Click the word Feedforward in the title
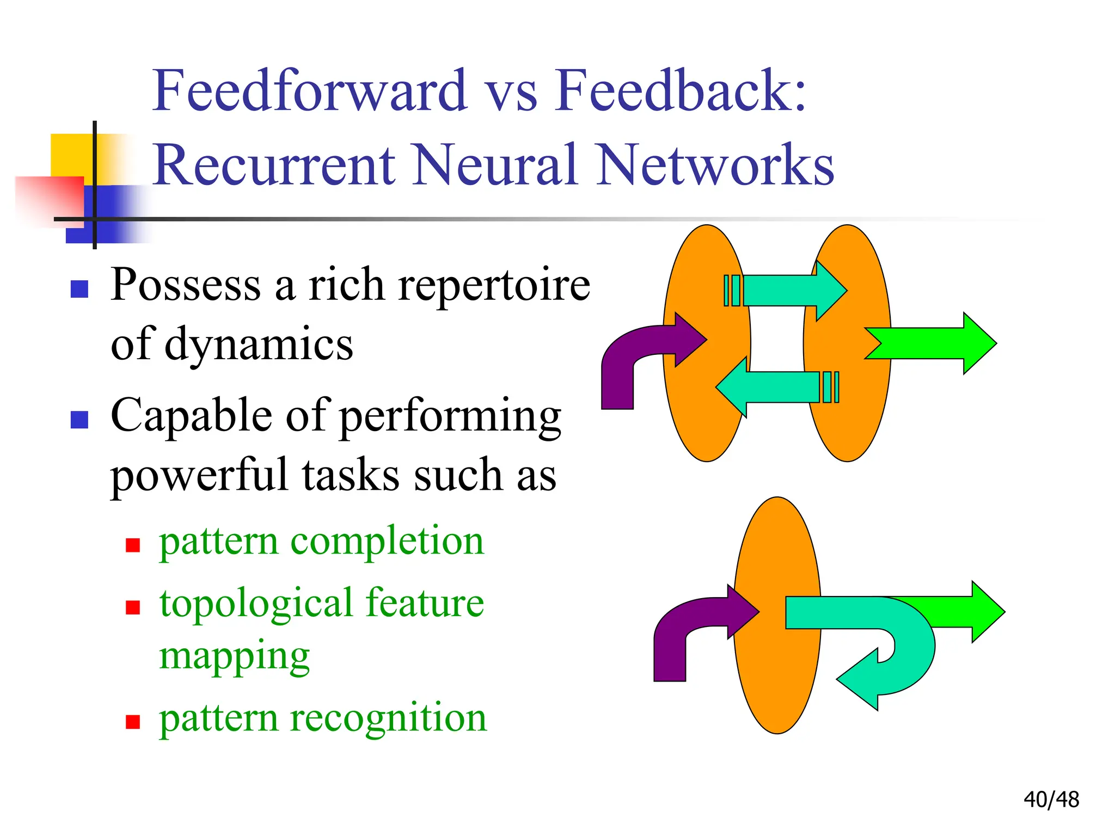(x=309, y=91)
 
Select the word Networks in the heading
(x=714, y=165)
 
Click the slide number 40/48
(x=1051, y=800)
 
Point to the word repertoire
(x=494, y=286)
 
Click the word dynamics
(x=259, y=345)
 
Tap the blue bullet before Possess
(x=79, y=289)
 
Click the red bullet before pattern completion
(x=133, y=545)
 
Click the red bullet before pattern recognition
(x=133, y=722)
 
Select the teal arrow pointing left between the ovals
(x=773, y=387)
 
